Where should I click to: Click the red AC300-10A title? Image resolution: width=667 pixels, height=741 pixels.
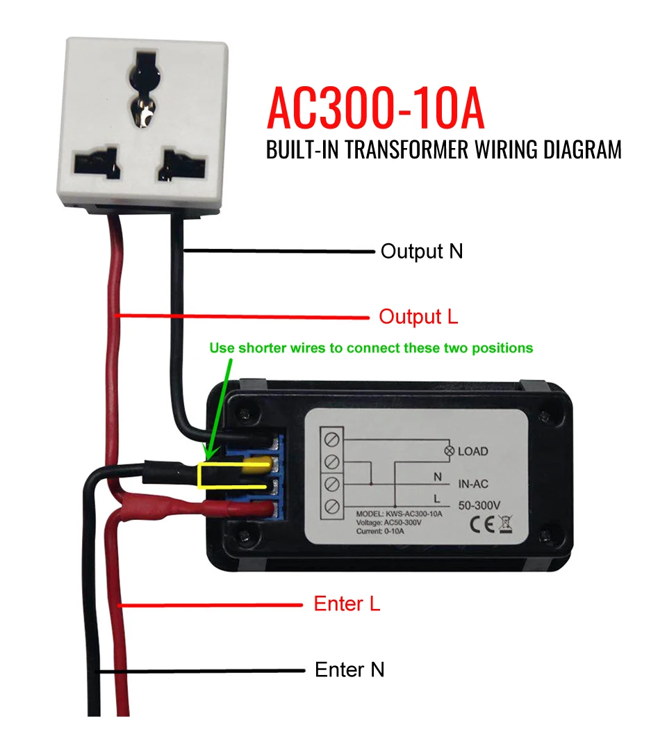[x=375, y=108]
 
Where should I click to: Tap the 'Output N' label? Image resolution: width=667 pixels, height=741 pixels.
[x=421, y=251]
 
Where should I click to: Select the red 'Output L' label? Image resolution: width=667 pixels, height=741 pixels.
[x=418, y=317]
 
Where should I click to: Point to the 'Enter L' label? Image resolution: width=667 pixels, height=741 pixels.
[x=347, y=603]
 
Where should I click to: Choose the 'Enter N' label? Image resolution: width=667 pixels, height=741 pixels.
[x=349, y=669]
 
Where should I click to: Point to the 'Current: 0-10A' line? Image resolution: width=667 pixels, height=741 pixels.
[x=379, y=531]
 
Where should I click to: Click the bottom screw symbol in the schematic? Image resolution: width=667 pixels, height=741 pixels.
[x=331, y=504]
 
